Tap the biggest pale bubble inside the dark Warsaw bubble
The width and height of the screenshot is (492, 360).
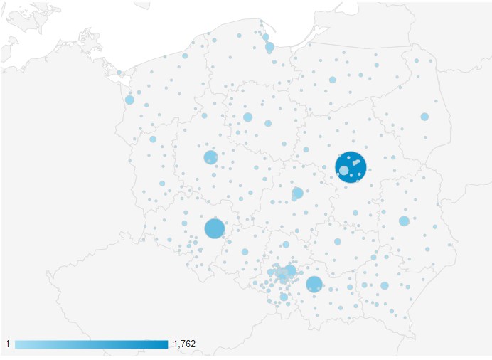344,170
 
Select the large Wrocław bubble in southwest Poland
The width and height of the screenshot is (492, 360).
215,228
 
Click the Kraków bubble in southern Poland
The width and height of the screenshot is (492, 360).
314,284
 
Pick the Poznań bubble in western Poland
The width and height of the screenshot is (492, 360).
210,157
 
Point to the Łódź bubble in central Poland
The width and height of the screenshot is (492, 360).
297,193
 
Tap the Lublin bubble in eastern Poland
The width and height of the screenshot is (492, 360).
404,221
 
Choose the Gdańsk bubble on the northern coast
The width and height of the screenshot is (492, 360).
269,47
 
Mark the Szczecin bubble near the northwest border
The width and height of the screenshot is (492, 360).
129,100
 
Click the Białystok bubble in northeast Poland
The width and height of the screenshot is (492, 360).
424,117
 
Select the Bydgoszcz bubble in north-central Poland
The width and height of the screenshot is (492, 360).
247,117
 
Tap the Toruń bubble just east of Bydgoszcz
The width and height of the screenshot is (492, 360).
268,123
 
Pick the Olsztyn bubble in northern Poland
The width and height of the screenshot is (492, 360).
332,80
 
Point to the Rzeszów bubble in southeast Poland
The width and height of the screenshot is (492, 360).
385,285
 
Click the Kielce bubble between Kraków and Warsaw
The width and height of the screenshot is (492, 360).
338,241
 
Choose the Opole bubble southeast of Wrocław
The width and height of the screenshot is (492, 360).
245,251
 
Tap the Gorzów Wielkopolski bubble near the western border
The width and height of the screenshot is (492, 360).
153,139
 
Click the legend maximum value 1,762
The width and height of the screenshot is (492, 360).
184,344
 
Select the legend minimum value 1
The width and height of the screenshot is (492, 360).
8,344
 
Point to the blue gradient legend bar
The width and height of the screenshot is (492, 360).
91,344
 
